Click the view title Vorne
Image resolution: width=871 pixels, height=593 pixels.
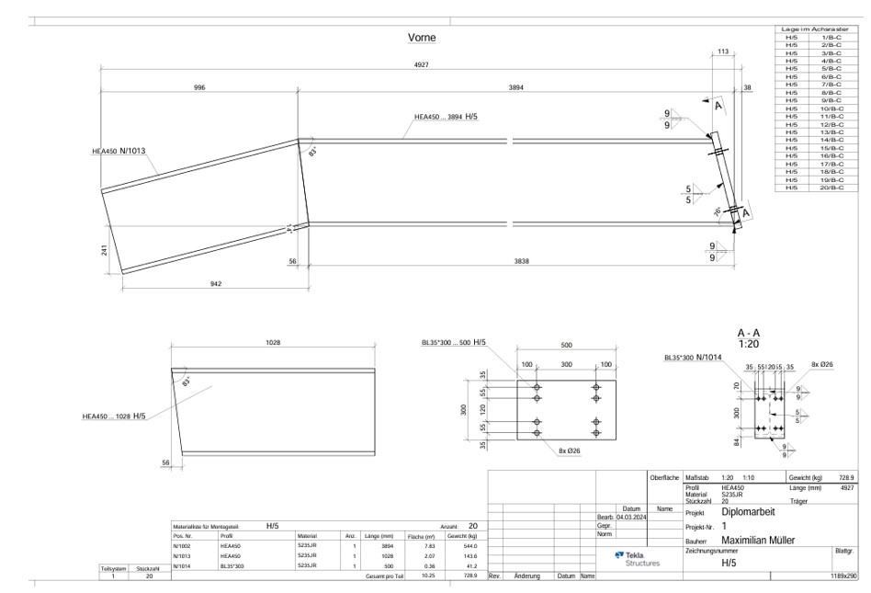(421, 39)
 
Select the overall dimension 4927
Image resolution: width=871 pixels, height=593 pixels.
(421, 65)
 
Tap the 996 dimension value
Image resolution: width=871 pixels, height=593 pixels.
(199, 87)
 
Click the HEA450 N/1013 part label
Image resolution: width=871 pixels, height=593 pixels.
(119, 151)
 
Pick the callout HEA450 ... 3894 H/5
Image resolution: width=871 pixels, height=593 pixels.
(446, 117)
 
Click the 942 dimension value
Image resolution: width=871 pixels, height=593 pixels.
(215, 284)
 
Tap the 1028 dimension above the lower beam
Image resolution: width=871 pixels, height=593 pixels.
(273, 342)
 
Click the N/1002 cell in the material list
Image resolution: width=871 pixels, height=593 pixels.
(182, 547)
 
